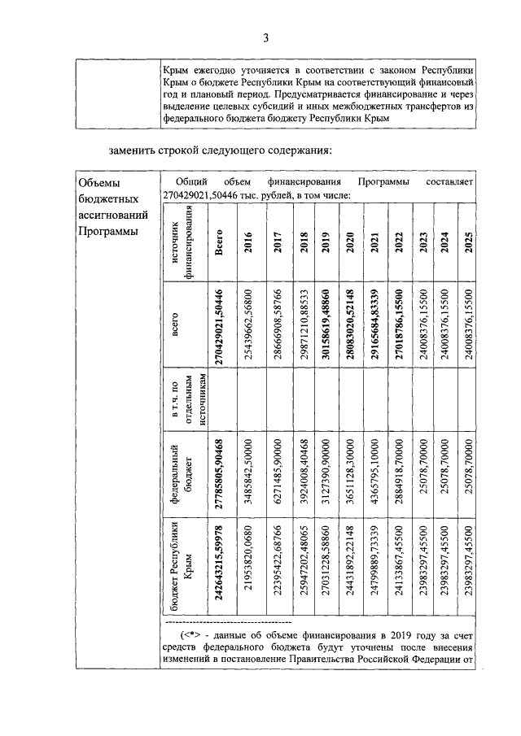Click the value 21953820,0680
(x=248, y=569)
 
